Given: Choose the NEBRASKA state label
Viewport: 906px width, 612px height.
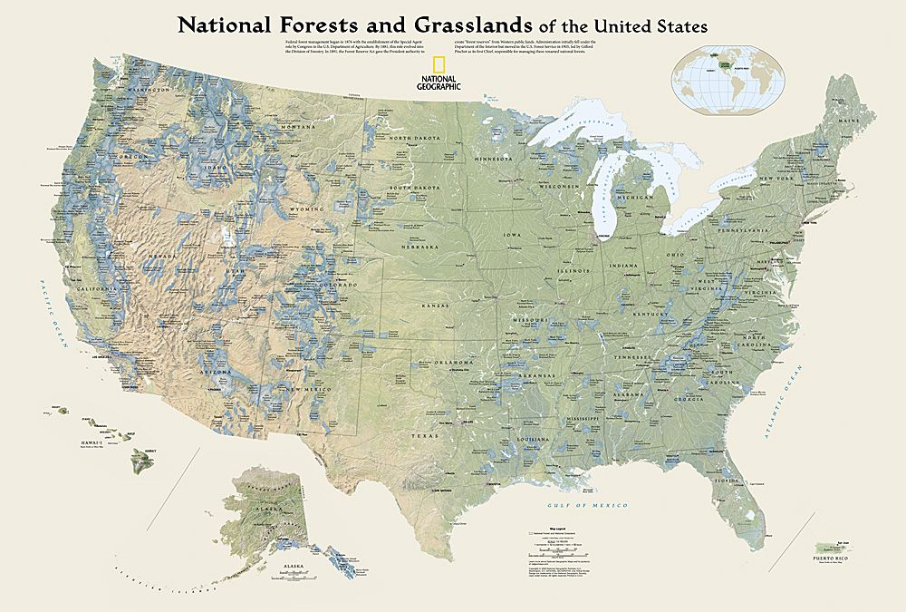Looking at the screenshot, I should point(420,246).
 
